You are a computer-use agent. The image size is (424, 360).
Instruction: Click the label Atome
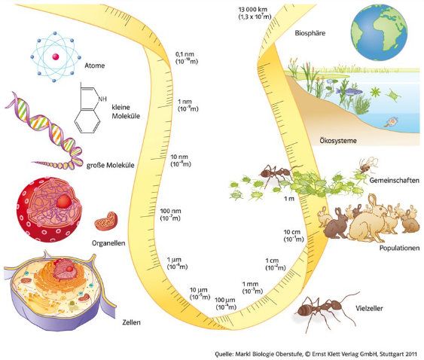(x=94, y=66)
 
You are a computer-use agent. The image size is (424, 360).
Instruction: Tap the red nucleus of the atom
(x=56, y=56)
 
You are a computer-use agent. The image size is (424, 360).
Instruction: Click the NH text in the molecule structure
(x=102, y=99)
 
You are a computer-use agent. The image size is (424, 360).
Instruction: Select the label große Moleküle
(x=110, y=165)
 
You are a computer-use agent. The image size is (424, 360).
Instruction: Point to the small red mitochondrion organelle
(x=106, y=221)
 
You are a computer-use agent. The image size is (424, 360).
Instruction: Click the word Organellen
(x=108, y=243)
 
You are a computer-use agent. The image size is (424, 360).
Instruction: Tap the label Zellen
(x=132, y=322)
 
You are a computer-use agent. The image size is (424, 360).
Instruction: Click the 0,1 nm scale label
(x=187, y=58)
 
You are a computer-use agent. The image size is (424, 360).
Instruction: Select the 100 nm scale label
(x=170, y=215)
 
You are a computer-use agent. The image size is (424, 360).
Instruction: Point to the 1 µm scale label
(x=177, y=264)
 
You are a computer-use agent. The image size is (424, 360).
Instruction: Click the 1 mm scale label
(x=252, y=288)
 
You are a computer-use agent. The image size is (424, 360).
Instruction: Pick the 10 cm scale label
(x=294, y=236)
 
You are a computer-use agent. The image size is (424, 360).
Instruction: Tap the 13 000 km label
(x=255, y=13)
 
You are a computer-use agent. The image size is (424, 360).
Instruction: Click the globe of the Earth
(x=379, y=32)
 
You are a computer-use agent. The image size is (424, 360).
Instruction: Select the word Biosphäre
(x=310, y=33)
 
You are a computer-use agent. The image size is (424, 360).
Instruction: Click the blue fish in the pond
(x=349, y=91)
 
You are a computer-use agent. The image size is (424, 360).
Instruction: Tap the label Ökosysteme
(x=338, y=140)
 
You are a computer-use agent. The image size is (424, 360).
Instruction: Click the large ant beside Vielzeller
(x=327, y=310)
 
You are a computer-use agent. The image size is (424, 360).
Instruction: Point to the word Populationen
(x=399, y=248)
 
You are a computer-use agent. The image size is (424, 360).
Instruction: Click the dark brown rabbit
(x=337, y=224)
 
